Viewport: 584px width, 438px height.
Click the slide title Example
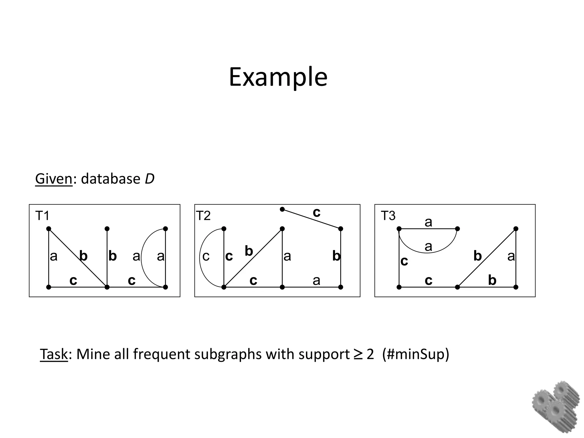[x=278, y=77]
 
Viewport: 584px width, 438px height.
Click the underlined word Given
[x=54, y=179]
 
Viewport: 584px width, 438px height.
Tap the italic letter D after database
[x=149, y=179]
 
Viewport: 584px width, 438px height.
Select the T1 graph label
[x=42, y=216]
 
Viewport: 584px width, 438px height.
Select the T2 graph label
[x=203, y=216]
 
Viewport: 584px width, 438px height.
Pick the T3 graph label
[x=388, y=216]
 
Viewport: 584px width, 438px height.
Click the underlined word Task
[x=54, y=354]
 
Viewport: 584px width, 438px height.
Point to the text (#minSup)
[x=416, y=354]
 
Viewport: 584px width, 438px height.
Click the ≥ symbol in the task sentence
[x=358, y=354]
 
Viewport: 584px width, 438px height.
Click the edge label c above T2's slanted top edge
[x=317, y=212]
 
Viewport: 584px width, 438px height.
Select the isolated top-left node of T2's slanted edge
[x=282, y=209]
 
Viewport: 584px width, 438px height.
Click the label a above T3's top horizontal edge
[x=428, y=222]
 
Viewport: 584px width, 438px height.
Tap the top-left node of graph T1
[x=48, y=229]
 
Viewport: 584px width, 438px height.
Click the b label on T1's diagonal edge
[x=83, y=256]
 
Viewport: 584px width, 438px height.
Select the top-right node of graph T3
[x=516, y=229]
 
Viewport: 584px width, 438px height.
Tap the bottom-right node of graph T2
[x=340, y=287]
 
